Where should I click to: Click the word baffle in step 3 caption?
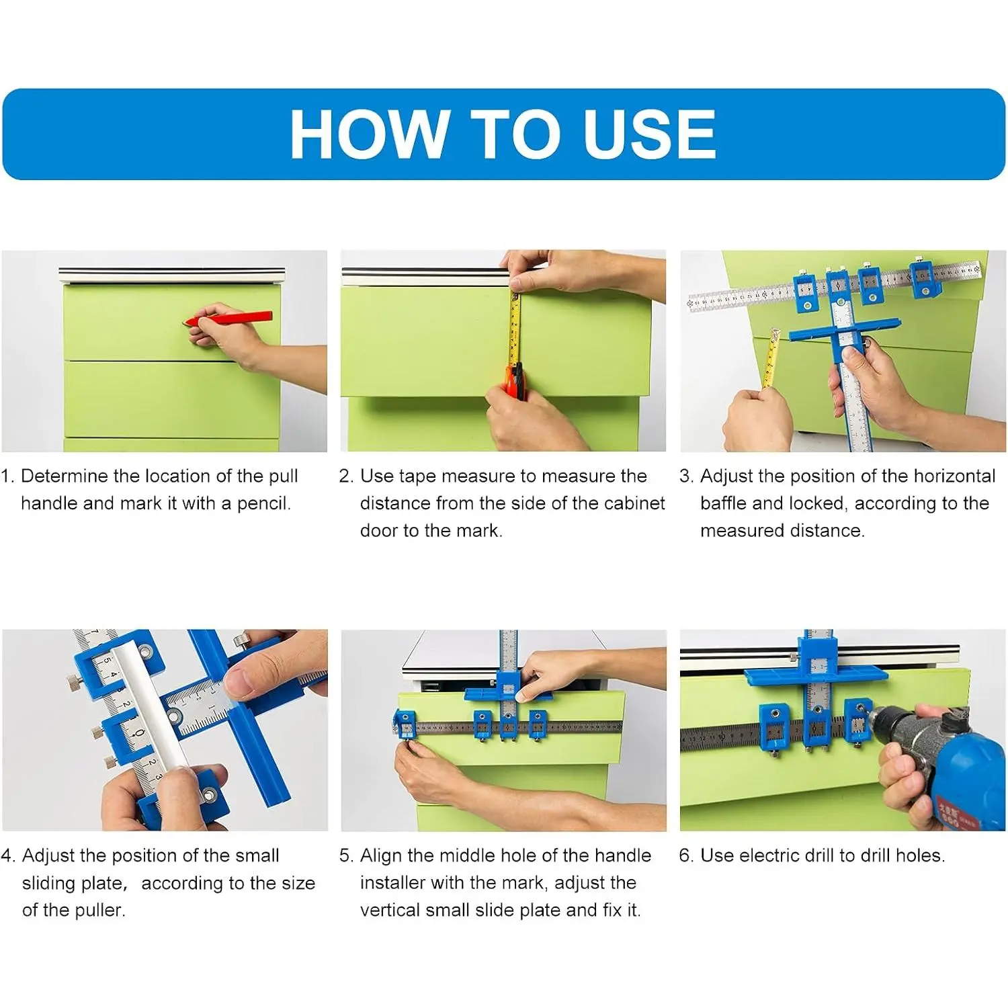click(x=724, y=503)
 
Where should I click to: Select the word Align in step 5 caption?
click(x=381, y=855)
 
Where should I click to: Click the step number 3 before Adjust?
click(x=685, y=476)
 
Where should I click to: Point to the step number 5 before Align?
click(x=345, y=855)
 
